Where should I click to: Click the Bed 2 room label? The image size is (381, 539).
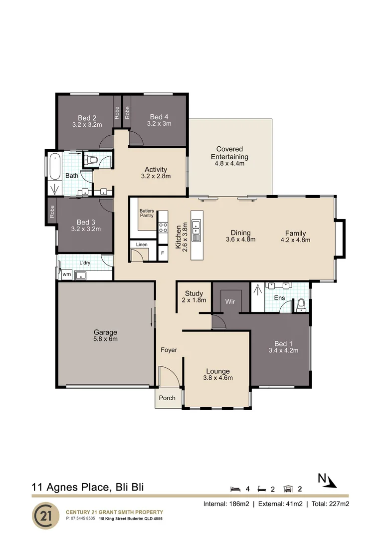point(87,118)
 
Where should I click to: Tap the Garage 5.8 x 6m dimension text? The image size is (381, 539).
point(105,339)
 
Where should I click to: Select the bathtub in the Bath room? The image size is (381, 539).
point(55,167)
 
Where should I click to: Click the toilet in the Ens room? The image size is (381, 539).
point(301,305)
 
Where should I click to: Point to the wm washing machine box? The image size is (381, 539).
point(67,274)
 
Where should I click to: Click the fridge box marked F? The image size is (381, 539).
point(163,253)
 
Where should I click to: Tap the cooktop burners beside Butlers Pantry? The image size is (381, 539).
point(163,227)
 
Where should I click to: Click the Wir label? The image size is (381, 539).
point(230,301)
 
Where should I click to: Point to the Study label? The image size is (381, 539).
point(194,293)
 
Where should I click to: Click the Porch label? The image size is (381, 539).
point(167,398)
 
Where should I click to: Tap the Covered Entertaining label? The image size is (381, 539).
point(229,153)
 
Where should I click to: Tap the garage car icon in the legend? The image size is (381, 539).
point(288,489)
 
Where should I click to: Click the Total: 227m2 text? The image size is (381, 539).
point(330,504)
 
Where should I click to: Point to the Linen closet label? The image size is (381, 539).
point(142,245)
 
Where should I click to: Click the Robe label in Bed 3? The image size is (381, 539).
point(52,212)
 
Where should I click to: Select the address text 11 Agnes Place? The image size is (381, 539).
point(70,487)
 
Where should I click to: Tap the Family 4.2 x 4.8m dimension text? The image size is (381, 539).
point(295,240)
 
